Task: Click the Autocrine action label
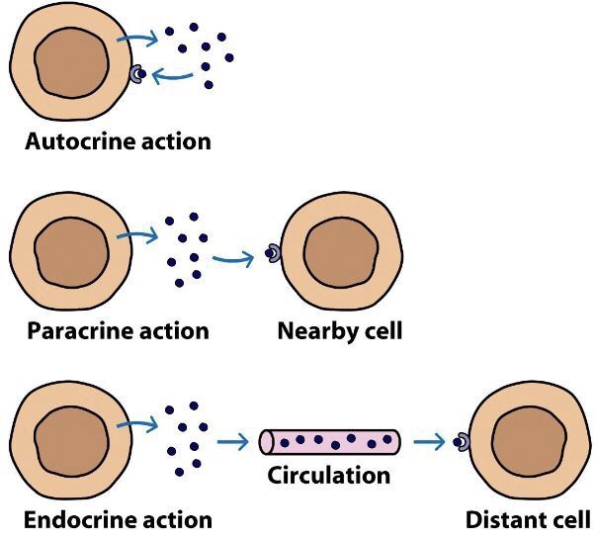pyautogui.click(x=117, y=140)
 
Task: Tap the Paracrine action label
pyautogui.click(x=117, y=329)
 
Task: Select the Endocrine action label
pyautogui.click(x=117, y=518)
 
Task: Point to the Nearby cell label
pyautogui.click(x=339, y=329)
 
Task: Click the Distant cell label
pyautogui.click(x=528, y=518)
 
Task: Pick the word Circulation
pyautogui.click(x=329, y=475)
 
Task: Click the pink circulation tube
pyautogui.click(x=329, y=441)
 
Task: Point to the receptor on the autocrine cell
pyautogui.click(x=138, y=73)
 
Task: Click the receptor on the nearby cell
pyautogui.click(x=271, y=254)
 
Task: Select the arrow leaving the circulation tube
pyautogui.click(x=430, y=442)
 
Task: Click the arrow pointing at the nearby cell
pyautogui.click(x=233, y=260)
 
